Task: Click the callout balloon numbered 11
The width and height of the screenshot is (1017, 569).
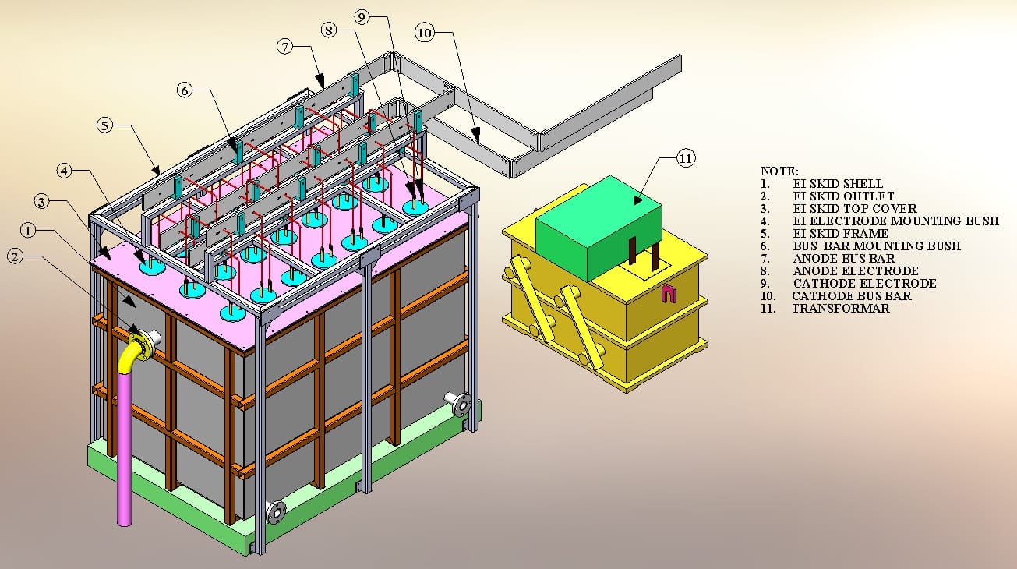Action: (x=686, y=158)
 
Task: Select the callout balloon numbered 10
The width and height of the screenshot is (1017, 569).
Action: (x=425, y=33)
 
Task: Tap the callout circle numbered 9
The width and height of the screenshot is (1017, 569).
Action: (x=362, y=17)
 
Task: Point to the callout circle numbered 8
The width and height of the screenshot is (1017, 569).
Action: (x=329, y=30)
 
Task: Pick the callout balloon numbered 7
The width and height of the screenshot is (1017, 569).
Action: (x=284, y=46)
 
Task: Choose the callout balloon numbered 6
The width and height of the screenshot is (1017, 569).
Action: (x=185, y=90)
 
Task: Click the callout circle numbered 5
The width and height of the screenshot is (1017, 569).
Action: (x=105, y=125)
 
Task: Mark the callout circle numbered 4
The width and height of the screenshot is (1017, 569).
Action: (x=65, y=171)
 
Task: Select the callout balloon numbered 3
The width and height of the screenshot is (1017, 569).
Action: (x=42, y=201)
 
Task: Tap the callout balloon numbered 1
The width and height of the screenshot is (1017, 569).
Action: (x=28, y=231)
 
